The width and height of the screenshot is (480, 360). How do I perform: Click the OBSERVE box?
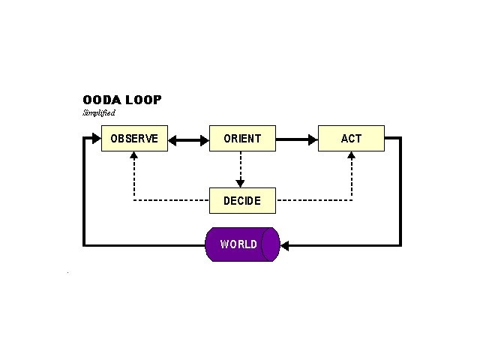(134, 139)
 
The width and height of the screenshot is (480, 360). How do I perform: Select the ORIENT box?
(242, 139)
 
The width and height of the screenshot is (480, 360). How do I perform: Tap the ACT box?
(351, 139)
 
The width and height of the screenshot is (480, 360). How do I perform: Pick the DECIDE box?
(242, 201)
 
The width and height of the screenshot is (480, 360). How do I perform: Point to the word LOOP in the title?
(143, 100)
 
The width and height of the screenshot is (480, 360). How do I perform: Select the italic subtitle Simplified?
(99, 113)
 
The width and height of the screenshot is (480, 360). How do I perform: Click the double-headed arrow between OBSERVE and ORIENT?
(188, 139)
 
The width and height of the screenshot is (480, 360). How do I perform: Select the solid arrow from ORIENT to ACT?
(297, 139)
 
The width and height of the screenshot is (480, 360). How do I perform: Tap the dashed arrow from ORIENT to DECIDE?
(241, 168)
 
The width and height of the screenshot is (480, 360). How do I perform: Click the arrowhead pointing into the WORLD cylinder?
(285, 244)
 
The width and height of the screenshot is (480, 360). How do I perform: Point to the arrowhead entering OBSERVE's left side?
(95, 138)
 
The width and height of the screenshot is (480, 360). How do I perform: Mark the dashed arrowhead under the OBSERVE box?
(133, 156)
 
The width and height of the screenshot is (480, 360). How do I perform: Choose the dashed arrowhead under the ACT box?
(352, 156)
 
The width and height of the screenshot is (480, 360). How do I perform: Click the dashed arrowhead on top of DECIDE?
(241, 183)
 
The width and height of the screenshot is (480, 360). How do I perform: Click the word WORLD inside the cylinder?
(238, 244)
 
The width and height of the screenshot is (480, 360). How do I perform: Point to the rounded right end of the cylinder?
(271, 244)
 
